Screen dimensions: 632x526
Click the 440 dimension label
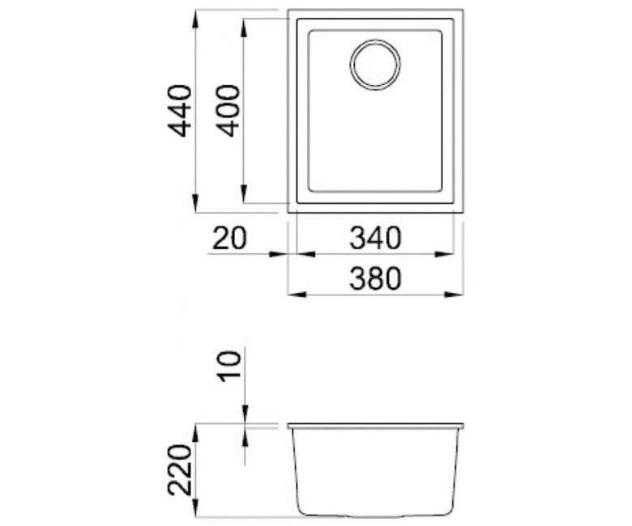click(178, 111)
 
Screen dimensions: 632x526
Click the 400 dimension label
click(228, 111)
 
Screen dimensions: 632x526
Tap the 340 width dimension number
click(376, 238)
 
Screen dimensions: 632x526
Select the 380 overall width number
click(376, 278)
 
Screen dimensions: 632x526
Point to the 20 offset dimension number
click(228, 238)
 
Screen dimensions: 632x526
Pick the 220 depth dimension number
click(179, 469)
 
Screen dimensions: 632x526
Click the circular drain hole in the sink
click(376, 65)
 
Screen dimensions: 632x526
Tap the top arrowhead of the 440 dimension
click(195, 19)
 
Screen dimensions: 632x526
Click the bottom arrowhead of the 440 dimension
click(195, 204)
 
